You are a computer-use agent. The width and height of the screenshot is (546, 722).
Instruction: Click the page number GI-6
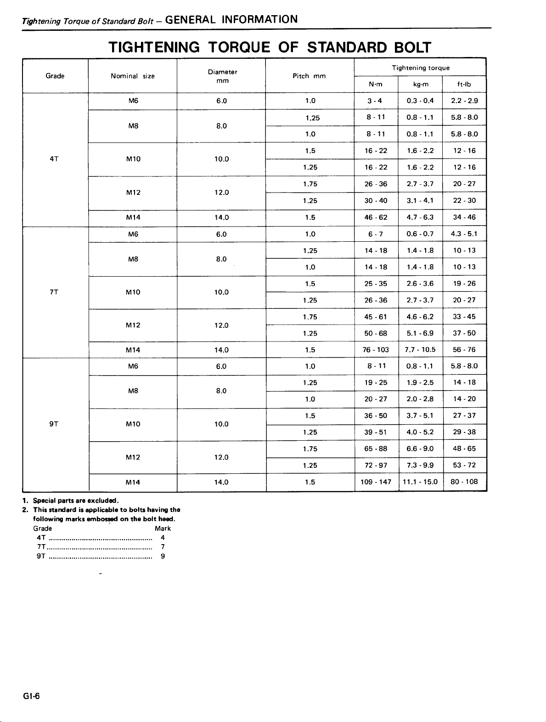click(x=31, y=696)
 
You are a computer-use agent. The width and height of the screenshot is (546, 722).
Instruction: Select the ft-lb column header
click(x=464, y=85)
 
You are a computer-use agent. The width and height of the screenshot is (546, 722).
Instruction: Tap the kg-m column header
click(x=421, y=85)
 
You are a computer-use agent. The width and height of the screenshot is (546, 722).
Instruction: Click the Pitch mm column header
click(x=309, y=76)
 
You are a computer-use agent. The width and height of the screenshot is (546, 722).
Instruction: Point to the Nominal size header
click(x=132, y=76)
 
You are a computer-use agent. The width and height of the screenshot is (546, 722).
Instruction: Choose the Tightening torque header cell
click(x=420, y=68)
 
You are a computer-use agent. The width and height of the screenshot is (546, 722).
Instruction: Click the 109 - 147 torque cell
click(x=376, y=482)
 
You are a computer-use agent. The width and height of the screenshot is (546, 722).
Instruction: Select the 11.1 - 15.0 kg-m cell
click(x=420, y=482)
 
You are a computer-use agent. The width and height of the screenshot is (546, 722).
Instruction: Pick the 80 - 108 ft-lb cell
click(x=464, y=482)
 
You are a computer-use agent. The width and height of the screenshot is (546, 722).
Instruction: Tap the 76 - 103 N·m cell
click(x=376, y=350)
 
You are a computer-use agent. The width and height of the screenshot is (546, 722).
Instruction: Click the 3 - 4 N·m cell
click(x=375, y=101)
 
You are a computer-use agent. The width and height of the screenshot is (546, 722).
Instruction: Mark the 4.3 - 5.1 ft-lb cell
click(x=464, y=234)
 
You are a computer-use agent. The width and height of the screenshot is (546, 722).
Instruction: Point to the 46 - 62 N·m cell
click(x=376, y=217)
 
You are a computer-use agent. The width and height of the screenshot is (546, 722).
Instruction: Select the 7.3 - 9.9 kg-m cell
click(x=420, y=466)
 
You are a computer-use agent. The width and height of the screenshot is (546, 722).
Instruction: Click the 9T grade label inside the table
click(x=54, y=424)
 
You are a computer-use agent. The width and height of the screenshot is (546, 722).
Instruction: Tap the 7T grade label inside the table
click(x=54, y=292)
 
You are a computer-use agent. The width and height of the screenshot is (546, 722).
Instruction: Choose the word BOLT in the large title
click(x=412, y=47)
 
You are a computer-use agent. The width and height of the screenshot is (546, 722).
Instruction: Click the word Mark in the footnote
click(x=163, y=529)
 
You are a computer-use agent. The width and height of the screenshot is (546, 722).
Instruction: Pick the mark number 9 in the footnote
click(x=163, y=556)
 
